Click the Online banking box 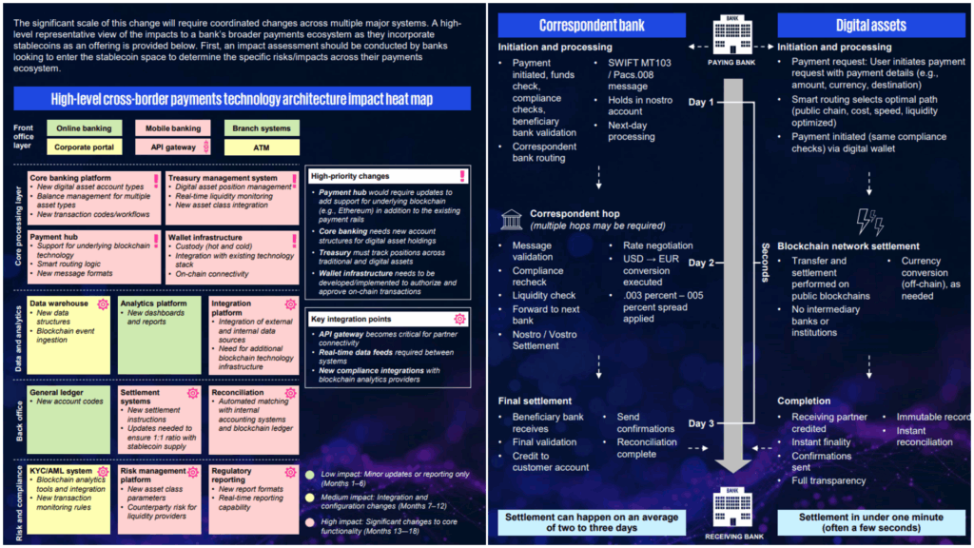83,128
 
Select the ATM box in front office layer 262,147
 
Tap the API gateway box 173,147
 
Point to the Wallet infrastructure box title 208,237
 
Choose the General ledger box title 56,392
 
